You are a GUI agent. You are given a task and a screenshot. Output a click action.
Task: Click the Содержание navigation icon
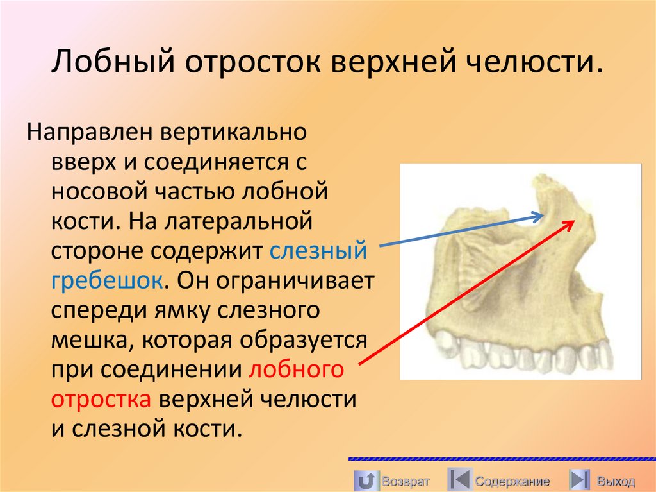click(459, 480)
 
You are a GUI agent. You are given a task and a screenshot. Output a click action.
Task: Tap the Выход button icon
click(580, 480)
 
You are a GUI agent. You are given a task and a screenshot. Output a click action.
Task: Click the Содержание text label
click(512, 481)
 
